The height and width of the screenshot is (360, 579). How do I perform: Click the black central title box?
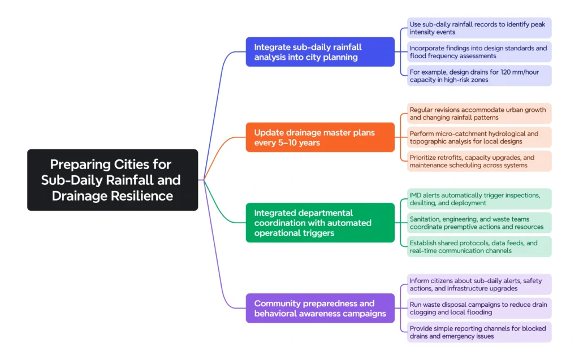pyautogui.click(x=113, y=180)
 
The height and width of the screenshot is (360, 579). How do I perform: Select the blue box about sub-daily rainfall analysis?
pyautogui.click(x=320, y=52)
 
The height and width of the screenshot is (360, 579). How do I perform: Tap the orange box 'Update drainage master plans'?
pyautogui.click(x=320, y=137)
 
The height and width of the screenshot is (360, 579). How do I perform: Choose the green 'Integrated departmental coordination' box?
pyautogui.click(x=320, y=222)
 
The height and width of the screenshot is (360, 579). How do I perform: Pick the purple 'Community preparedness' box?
pyautogui.click(x=320, y=308)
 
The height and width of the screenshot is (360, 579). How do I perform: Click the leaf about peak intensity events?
pyautogui.click(x=479, y=28)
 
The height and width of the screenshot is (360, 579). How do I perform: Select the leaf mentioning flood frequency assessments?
pyautogui.click(x=479, y=52)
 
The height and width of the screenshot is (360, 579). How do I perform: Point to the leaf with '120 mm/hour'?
pyautogui.click(x=479, y=76)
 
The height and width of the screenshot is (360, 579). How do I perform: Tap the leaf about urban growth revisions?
pyautogui.click(x=479, y=114)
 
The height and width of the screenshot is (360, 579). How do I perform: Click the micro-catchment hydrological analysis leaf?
pyautogui.click(x=479, y=137)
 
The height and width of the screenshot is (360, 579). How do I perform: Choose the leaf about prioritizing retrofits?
pyautogui.click(x=479, y=161)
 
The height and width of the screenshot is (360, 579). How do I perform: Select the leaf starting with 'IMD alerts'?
pyautogui.click(x=479, y=199)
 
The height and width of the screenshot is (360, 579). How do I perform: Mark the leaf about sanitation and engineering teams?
pyautogui.click(x=479, y=222)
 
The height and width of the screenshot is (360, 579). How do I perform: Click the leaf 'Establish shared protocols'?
pyautogui.click(x=479, y=246)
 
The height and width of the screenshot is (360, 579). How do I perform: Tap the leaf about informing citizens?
pyautogui.click(x=479, y=284)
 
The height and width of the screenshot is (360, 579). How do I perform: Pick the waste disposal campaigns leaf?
pyautogui.click(x=479, y=308)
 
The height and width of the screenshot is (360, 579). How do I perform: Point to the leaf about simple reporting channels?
pyautogui.click(x=479, y=332)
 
